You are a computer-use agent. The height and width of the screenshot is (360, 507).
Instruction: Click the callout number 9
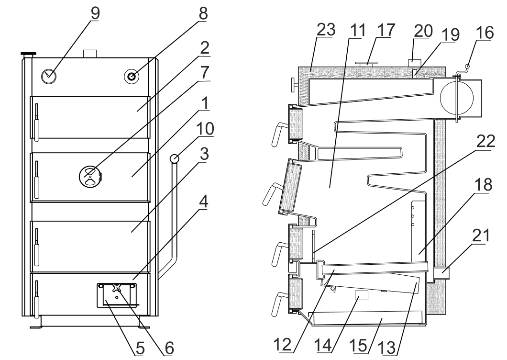(x=95, y=13)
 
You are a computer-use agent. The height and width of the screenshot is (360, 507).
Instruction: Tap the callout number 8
(x=202, y=13)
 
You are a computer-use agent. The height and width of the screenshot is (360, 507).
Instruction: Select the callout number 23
(x=326, y=30)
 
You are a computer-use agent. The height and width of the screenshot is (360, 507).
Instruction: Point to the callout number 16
(x=485, y=33)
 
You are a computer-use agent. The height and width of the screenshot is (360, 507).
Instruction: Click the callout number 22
(x=485, y=142)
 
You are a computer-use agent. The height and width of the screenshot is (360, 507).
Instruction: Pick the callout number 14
(x=323, y=345)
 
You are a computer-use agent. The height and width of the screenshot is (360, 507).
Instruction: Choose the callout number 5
(x=140, y=349)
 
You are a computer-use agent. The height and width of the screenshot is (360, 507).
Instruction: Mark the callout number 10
(x=205, y=129)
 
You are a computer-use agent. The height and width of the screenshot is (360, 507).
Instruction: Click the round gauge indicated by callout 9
(x=49, y=76)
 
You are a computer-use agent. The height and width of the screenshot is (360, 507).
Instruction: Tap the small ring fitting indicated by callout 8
(x=132, y=77)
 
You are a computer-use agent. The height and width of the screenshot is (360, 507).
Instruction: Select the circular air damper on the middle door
(x=89, y=177)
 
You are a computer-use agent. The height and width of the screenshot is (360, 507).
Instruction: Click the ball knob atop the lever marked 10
(x=174, y=158)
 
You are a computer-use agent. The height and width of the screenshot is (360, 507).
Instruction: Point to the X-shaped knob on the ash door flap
(x=116, y=288)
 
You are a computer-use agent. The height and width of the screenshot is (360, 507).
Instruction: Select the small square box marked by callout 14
(x=362, y=295)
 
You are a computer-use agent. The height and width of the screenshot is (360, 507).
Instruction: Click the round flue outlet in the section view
(x=457, y=96)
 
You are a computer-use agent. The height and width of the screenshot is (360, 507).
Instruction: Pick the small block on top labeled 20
(x=415, y=63)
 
